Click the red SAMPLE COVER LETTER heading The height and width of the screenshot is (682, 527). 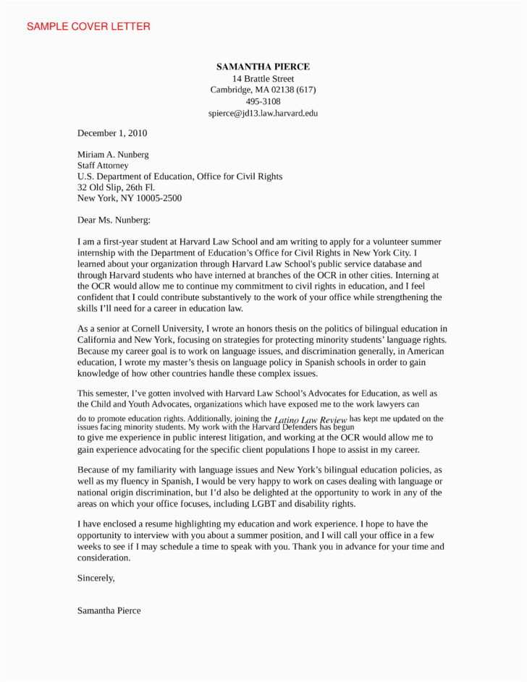click(x=88, y=27)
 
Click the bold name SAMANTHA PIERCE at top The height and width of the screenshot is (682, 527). click(x=263, y=67)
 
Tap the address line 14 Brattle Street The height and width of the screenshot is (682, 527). click(x=263, y=78)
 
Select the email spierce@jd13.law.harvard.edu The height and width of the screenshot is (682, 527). click(x=263, y=114)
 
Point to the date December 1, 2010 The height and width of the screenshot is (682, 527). click(x=112, y=133)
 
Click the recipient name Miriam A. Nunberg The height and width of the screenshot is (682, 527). click(x=114, y=154)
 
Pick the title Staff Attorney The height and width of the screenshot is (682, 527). click(x=103, y=165)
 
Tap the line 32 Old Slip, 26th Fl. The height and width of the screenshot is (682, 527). click(x=117, y=187)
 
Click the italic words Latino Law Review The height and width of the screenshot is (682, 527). click(x=311, y=420)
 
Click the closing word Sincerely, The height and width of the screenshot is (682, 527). click(x=96, y=578)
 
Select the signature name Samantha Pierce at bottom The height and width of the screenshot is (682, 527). click(x=109, y=610)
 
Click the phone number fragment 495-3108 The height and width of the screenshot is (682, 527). click(x=263, y=102)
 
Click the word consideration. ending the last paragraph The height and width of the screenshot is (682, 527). click(x=104, y=558)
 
